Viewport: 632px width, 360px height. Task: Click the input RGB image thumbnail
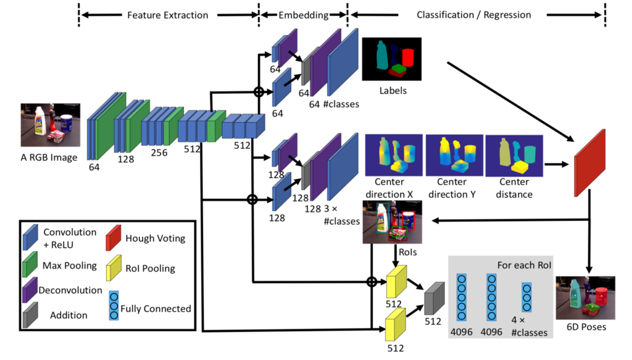(51, 125)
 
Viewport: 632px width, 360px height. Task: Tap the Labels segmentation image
(392, 59)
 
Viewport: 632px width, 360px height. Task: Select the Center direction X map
(394, 155)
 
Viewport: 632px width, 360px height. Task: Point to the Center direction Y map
(454, 155)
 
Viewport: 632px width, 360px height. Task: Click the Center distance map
(514, 156)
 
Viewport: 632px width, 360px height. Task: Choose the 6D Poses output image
(586, 298)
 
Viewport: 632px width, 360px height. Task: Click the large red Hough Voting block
(589, 163)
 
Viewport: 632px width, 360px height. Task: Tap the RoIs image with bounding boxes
(392, 222)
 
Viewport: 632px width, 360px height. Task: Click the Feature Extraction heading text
(168, 15)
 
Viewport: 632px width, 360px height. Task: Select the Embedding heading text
(304, 15)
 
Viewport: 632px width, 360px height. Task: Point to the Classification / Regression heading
(473, 15)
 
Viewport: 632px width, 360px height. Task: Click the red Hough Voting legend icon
(114, 238)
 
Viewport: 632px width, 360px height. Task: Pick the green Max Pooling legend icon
(30, 264)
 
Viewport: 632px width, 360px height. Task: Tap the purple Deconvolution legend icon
(30, 290)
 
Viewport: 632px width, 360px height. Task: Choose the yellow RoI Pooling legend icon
(114, 267)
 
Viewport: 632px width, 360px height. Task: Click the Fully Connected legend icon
(114, 306)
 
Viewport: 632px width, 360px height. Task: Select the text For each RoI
(524, 266)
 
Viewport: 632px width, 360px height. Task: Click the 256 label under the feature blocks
(159, 153)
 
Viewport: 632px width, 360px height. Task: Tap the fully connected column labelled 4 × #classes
(527, 298)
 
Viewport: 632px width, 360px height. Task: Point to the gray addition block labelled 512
(434, 299)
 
